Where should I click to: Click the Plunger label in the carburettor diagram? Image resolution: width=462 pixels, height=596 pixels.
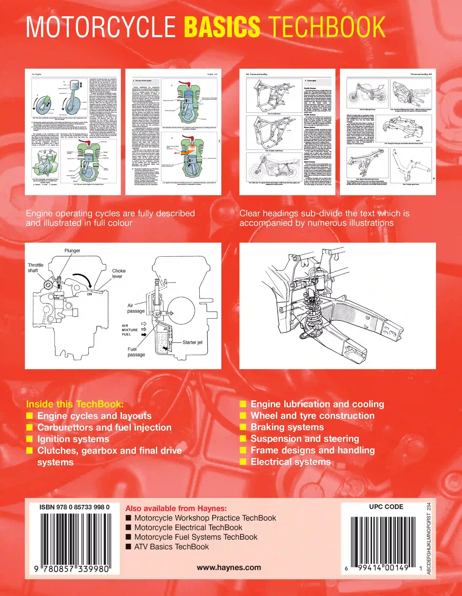(72, 251)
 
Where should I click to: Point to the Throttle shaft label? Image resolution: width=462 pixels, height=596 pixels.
(35, 268)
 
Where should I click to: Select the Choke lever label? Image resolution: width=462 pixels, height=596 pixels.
(119, 274)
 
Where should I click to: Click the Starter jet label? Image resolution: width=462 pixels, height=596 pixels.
(192, 342)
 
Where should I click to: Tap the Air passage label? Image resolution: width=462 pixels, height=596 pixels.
(136, 308)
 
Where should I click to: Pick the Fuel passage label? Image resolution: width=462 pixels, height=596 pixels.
(136, 352)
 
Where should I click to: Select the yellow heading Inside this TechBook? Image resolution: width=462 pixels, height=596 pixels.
(75, 404)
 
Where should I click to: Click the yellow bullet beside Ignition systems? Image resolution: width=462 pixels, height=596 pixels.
(30, 439)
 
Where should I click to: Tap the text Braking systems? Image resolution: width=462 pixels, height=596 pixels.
(287, 427)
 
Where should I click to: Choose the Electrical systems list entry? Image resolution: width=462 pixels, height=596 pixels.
(290, 462)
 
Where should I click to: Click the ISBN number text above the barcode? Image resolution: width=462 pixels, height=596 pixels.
(74, 507)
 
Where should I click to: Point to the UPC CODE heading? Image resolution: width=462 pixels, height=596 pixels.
(386, 507)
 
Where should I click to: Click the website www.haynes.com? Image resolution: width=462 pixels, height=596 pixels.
(229, 567)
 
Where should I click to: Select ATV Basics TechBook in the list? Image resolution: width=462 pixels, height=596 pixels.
(171, 547)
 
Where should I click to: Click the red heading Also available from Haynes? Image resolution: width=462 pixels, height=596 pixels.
(176, 508)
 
